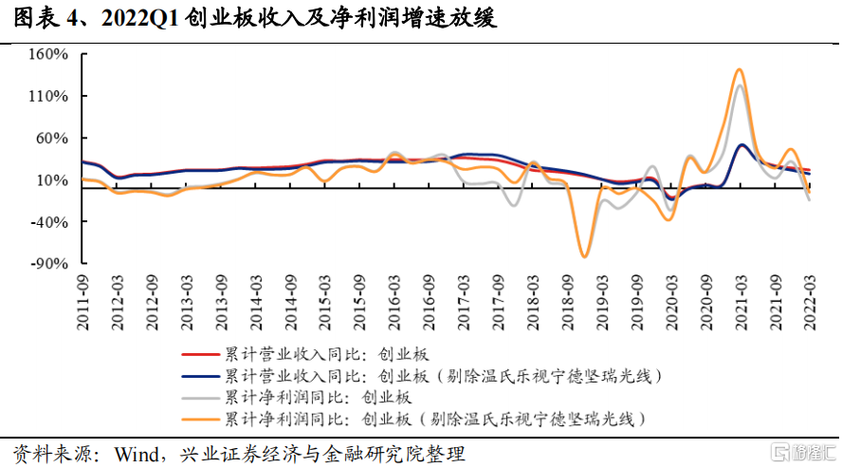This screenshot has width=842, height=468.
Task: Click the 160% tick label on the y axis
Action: tap(50, 54)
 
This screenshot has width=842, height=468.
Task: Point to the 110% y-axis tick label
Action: tap(50, 96)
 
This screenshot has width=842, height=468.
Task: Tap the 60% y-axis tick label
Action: tap(54, 138)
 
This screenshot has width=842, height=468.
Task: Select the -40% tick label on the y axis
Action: tap(52, 221)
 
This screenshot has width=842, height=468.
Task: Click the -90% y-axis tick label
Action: tap(52, 263)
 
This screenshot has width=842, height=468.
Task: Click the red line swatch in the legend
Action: tap(199, 355)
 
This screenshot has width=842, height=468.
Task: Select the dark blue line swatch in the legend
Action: tap(199, 376)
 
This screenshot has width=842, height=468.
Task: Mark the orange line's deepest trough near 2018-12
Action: tap(584, 256)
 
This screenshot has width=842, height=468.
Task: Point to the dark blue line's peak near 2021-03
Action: tap(741, 145)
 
